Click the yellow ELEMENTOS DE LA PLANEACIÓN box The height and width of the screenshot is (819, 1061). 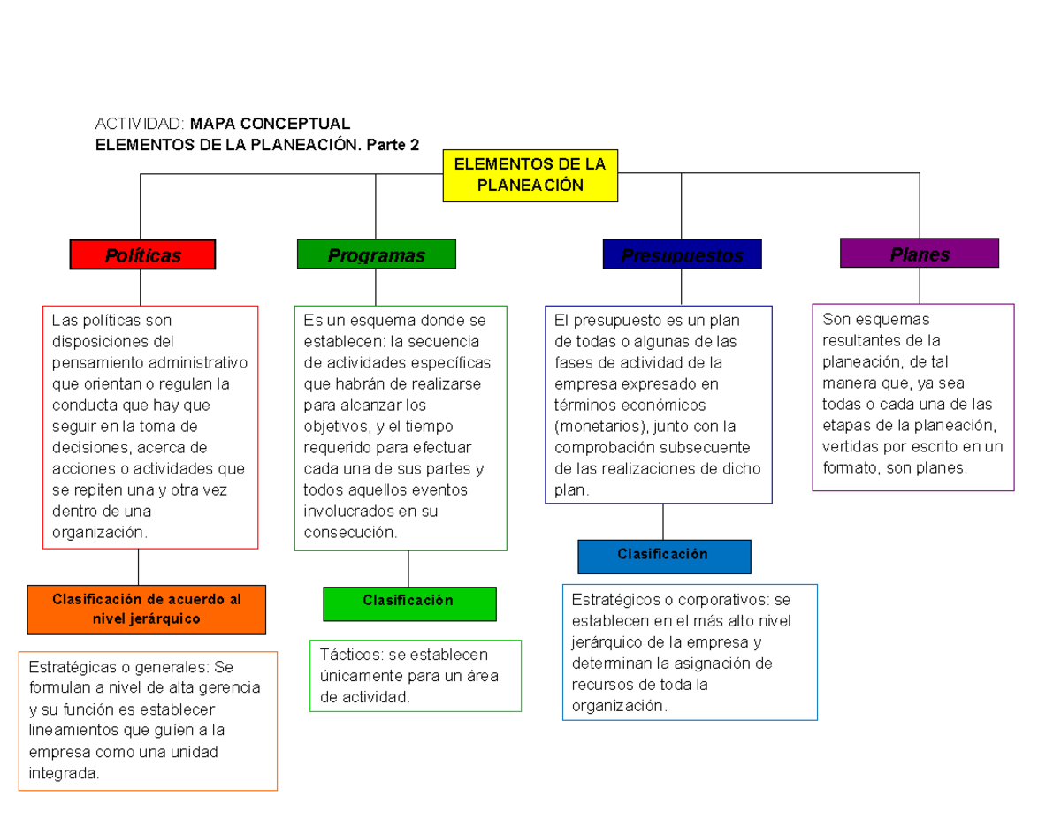point(530,175)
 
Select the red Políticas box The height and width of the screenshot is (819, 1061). point(142,254)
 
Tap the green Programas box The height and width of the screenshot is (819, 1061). point(377,254)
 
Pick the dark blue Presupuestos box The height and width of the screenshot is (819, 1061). point(681,255)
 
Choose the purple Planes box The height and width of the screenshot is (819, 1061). point(919,254)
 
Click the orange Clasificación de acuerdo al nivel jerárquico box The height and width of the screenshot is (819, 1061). point(147,609)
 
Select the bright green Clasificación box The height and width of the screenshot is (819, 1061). point(408,603)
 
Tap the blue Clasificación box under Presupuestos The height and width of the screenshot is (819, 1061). point(663,556)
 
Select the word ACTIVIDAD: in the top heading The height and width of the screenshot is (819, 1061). point(140,124)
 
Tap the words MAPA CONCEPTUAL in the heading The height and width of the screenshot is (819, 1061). point(270,124)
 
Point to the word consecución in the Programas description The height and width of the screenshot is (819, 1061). point(350,533)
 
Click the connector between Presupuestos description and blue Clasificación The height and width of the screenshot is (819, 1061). point(663,521)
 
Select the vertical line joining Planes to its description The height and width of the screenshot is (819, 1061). point(920,285)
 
